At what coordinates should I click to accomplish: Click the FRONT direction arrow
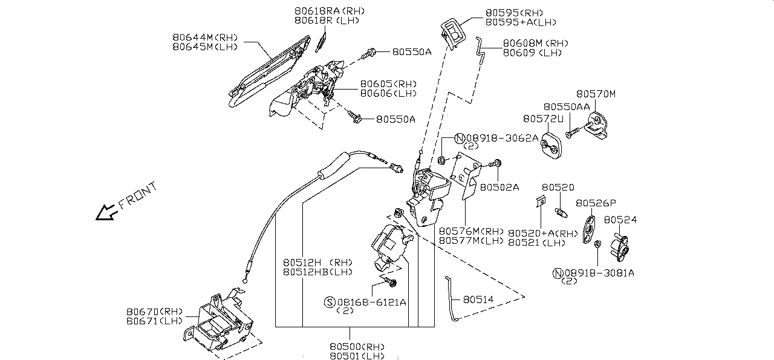[x=106, y=211]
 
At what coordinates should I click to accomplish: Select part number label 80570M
[x=595, y=94]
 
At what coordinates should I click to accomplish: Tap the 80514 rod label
[x=478, y=299]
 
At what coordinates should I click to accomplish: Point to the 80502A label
[x=499, y=188]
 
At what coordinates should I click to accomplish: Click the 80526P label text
[x=596, y=203]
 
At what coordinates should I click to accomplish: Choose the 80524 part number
[x=620, y=220]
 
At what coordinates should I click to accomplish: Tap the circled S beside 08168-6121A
[x=330, y=302]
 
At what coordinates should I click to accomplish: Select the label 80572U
[x=543, y=119]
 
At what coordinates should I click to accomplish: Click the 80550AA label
[x=566, y=106]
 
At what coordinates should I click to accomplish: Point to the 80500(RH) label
[x=357, y=347]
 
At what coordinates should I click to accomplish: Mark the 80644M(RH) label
[x=205, y=37]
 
